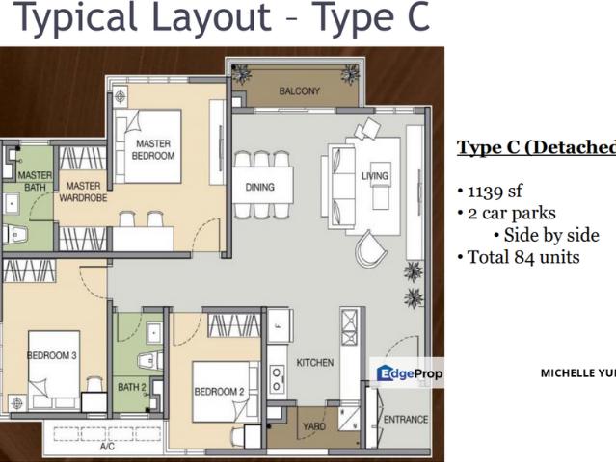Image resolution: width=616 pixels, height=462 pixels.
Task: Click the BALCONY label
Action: (299, 91)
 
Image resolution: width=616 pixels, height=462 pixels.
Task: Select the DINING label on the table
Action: (259, 188)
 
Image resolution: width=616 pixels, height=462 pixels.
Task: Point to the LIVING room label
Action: (375, 176)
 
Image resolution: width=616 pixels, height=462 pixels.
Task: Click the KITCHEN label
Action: (314, 363)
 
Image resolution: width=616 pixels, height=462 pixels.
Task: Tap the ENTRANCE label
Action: (406, 420)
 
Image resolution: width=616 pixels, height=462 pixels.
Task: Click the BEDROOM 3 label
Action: (52, 356)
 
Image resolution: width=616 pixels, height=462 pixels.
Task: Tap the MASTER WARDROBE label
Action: (83, 192)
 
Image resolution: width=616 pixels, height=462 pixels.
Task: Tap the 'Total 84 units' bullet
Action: (521, 258)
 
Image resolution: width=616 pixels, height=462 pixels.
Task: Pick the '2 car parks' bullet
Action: (509, 213)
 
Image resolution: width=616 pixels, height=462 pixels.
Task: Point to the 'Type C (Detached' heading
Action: (535, 147)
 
